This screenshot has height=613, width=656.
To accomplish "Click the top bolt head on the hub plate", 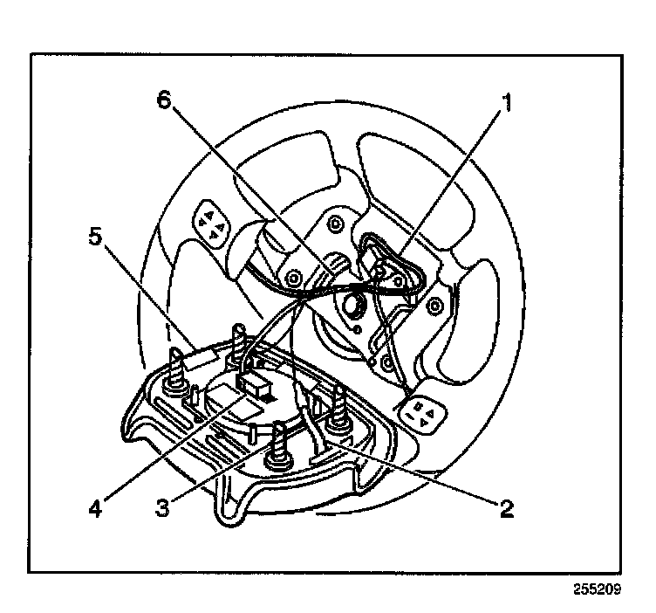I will tap(332, 224).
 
